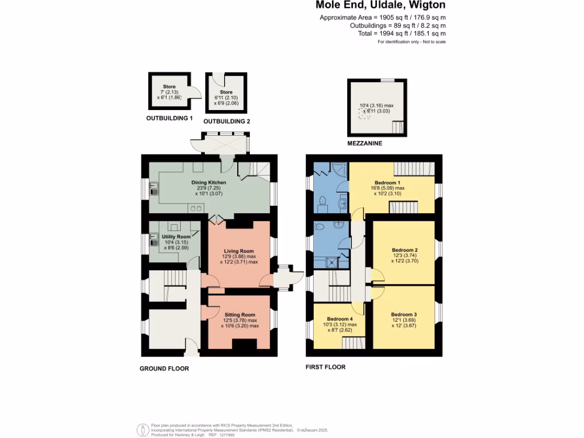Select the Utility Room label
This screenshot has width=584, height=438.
[x=176, y=237]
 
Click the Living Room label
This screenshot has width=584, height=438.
[x=238, y=251]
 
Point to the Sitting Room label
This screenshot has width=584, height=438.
[x=239, y=315]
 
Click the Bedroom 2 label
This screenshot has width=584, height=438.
[x=405, y=250]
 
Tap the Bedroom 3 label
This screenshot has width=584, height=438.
[x=404, y=314]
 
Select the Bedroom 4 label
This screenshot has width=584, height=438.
[x=340, y=319]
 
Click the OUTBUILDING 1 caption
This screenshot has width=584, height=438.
[x=169, y=119]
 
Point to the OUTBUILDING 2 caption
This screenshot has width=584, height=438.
[x=226, y=121]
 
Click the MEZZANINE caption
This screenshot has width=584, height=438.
[x=364, y=144]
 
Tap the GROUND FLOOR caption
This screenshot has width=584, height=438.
[x=164, y=368]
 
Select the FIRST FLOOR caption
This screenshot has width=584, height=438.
[x=326, y=367]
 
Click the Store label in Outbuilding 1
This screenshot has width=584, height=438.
[x=169, y=87]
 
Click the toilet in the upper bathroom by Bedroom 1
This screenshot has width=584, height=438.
[x=322, y=201]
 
